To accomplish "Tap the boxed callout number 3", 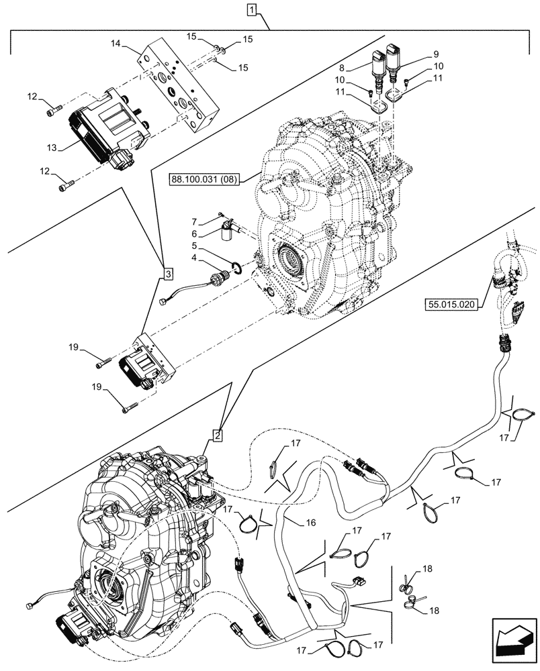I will click(x=167, y=273).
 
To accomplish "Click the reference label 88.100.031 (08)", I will click(x=204, y=178).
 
